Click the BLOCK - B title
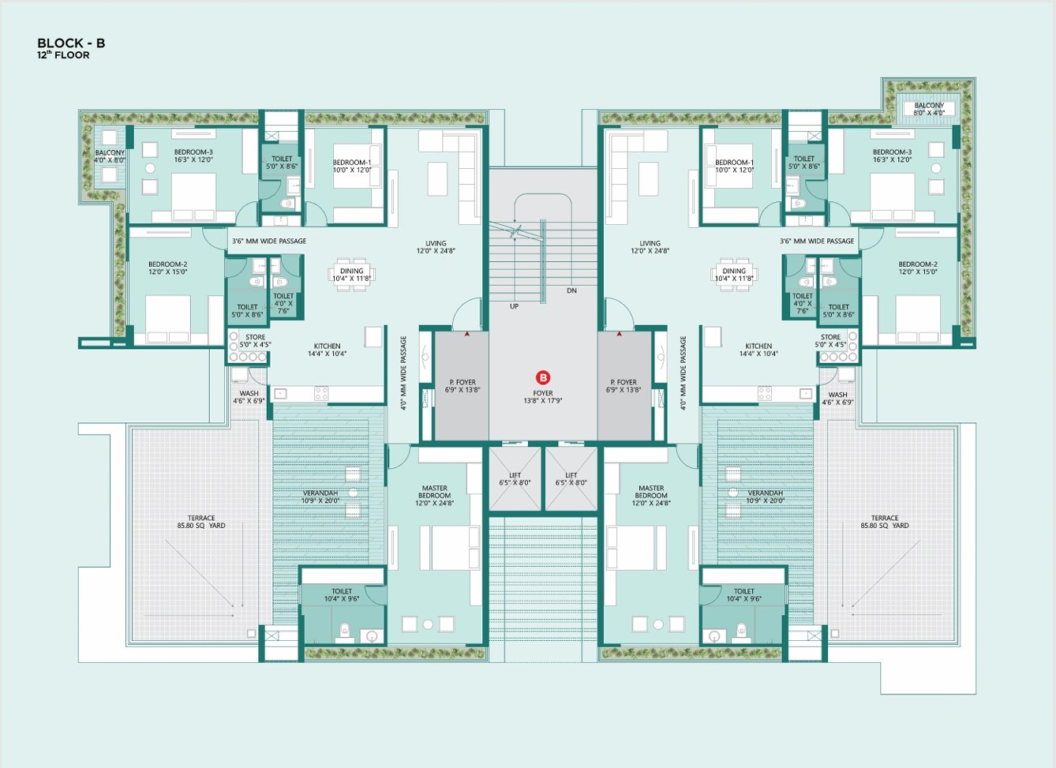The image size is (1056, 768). (x=71, y=43)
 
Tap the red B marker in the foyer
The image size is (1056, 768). (x=543, y=377)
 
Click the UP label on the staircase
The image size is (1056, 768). (x=514, y=306)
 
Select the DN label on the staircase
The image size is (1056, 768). (x=572, y=290)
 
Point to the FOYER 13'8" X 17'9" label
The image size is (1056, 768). (x=543, y=397)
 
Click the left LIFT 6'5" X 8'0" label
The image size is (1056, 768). (x=515, y=479)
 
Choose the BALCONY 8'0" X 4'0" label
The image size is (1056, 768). (x=929, y=109)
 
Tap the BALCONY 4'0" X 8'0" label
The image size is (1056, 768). (x=110, y=156)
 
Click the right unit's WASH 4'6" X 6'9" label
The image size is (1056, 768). (x=837, y=399)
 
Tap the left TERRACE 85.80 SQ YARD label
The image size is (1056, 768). (x=201, y=522)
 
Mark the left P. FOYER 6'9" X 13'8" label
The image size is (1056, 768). (x=462, y=386)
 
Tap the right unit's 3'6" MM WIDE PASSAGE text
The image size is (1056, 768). (x=817, y=241)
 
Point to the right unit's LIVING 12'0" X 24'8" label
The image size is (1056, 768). (x=650, y=247)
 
